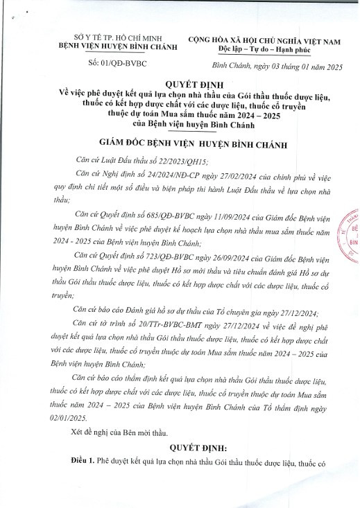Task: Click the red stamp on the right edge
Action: (350, 235)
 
